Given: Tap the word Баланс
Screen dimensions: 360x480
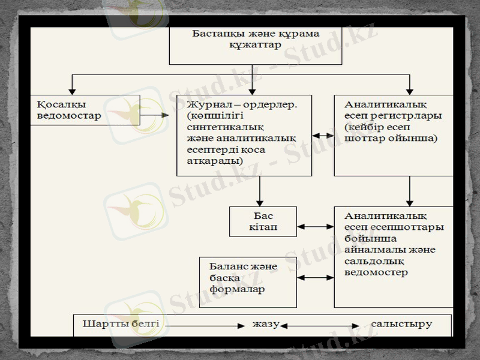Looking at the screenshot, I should [227, 266].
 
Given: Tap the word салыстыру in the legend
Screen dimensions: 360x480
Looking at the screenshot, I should [401, 324].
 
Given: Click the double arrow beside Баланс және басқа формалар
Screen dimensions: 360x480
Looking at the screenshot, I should [315, 278].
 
